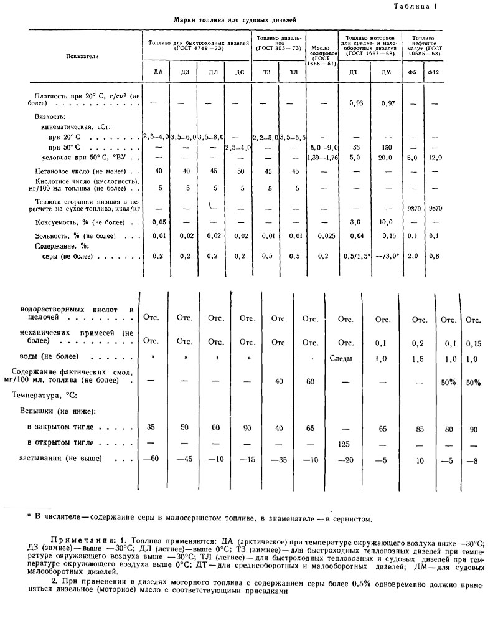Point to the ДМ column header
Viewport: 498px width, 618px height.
point(385,73)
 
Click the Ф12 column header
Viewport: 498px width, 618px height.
point(434,73)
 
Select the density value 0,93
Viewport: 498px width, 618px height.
point(355,103)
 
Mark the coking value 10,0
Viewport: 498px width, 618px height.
point(386,222)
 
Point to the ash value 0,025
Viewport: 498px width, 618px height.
point(323,235)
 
